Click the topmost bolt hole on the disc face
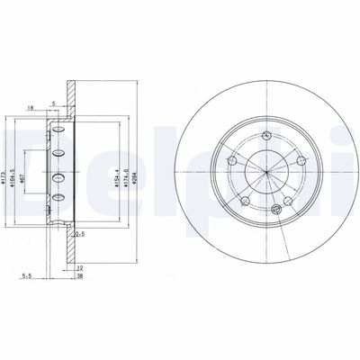[x=268, y=137]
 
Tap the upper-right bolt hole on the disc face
[x=301, y=160]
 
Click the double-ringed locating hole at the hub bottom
[x=277, y=210]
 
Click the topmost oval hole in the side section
[x=59, y=131]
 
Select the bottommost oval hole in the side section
[x=59, y=196]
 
